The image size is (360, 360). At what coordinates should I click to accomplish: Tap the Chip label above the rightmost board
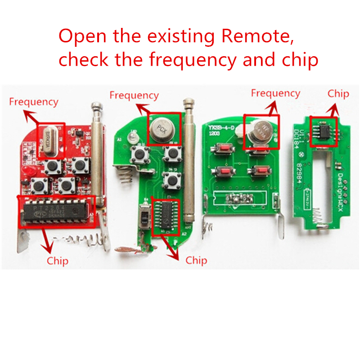pyautogui.click(x=338, y=94)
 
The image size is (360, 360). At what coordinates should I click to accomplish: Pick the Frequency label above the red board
pyautogui.click(x=34, y=102)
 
